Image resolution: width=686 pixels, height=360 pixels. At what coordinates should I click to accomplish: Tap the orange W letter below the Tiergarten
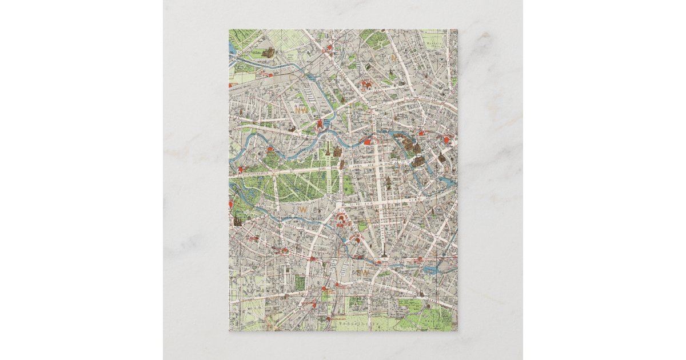[303, 210]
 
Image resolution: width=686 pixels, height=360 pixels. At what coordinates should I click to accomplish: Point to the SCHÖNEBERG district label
[254, 290]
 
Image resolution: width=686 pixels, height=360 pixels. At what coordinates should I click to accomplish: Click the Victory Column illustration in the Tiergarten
[328, 150]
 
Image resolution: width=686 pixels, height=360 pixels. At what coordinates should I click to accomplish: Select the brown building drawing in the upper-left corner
[267, 53]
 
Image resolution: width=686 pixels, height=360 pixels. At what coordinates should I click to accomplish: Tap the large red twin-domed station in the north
[366, 86]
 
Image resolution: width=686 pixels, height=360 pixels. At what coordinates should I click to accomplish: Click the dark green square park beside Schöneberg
[300, 282]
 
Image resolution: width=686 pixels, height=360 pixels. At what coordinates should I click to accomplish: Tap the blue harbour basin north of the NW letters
[313, 77]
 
